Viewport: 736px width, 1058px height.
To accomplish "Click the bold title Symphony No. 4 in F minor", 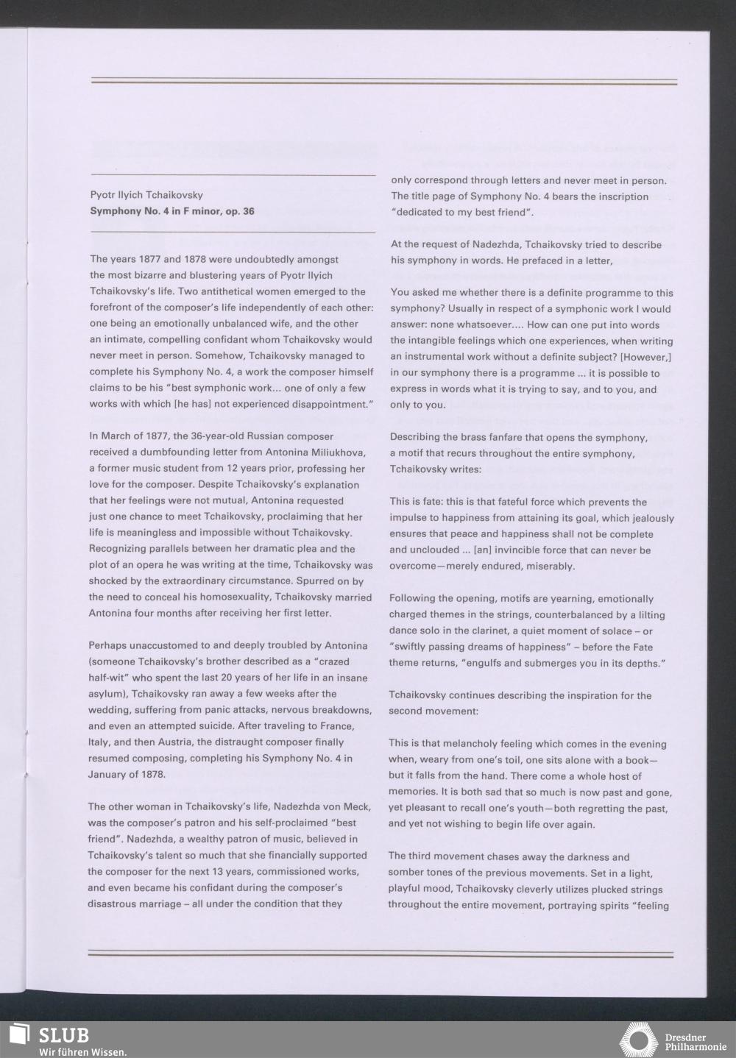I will click(172, 211).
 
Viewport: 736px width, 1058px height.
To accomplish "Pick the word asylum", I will click(105, 694).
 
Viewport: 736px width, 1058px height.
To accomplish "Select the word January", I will click(110, 774).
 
